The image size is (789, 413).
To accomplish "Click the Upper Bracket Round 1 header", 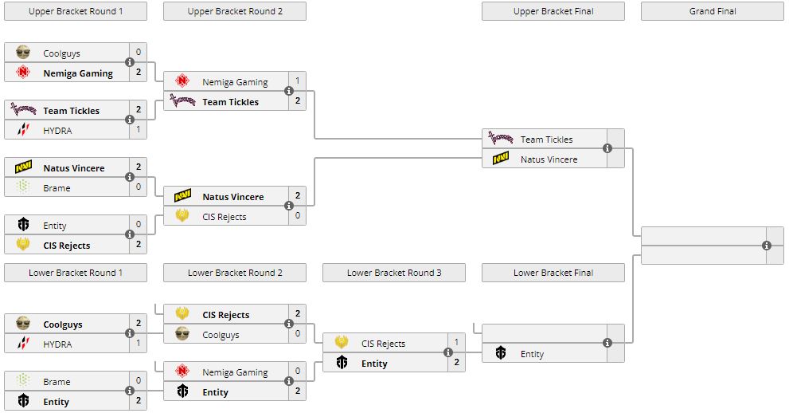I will click(x=76, y=11).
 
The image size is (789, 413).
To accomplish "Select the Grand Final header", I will click(x=712, y=11).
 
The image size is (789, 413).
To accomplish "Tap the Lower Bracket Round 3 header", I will click(x=394, y=273).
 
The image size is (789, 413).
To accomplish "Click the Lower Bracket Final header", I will click(x=553, y=273).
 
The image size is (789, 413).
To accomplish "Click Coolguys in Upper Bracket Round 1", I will click(x=61, y=53).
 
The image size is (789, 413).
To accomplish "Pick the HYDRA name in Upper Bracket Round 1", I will click(x=57, y=130).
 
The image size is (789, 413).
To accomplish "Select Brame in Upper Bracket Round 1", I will click(x=57, y=188).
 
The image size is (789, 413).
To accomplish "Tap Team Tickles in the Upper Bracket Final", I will click(x=546, y=140).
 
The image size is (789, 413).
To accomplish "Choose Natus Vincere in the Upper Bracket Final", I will click(x=549, y=159).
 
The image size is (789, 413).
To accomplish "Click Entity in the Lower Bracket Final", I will click(x=532, y=354).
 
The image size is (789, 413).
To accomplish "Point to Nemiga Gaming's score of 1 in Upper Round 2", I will click(x=297, y=81).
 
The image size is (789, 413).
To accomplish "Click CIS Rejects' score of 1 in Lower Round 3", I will click(x=456, y=343).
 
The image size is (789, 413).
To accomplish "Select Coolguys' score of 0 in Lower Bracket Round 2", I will click(x=297, y=335).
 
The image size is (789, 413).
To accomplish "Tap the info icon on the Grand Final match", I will click(x=767, y=246).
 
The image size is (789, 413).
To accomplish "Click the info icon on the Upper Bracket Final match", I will click(x=607, y=149).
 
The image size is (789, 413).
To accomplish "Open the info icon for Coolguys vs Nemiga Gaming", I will click(x=130, y=63).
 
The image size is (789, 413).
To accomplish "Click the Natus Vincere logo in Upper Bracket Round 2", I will click(x=182, y=196).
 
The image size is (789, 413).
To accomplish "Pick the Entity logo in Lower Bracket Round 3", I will click(x=342, y=364).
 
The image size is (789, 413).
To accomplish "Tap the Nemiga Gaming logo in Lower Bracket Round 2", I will click(x=182, y=372).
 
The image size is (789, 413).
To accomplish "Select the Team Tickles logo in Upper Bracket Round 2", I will click(x=182, y=101).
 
